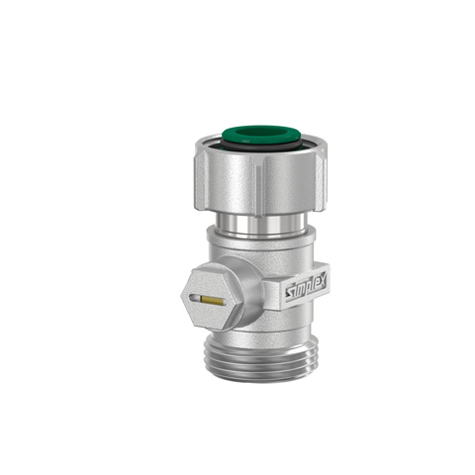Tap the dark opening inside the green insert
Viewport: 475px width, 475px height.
[x=261, y=133]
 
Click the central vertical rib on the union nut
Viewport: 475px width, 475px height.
[x=258, y=186]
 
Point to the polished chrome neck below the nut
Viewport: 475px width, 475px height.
[x=261, y=225]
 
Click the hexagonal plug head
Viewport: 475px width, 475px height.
[x=213, y=298]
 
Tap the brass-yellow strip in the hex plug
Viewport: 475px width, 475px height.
[x=213, y=300]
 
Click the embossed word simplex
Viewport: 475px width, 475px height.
[x=306, y=286]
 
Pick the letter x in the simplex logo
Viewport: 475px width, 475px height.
[x=322, y=280]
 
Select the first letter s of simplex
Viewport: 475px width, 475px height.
[x=289, y=292]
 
